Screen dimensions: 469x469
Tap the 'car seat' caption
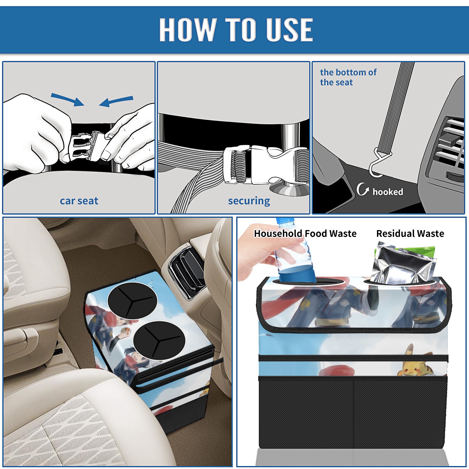[79, 201]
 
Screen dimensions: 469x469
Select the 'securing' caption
[249, 201]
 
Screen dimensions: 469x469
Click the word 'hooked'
[388, 192]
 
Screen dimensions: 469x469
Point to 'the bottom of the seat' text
[348, 77]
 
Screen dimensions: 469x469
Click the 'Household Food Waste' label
[305, 233]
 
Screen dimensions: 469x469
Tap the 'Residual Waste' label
[410, 233]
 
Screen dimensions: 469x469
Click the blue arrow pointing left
[116, 101]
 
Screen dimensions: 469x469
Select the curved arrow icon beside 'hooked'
[363, 189]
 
